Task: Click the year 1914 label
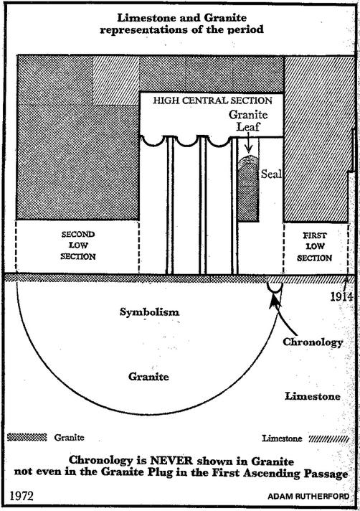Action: coord(342,296)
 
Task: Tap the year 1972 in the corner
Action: coord(22,496)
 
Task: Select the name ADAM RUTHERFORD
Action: coord(308,497)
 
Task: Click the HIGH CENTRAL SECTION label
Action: coord(212,100)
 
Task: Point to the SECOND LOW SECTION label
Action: coord(78,245)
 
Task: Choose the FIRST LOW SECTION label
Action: coord(314,247)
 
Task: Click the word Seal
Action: coord(271,174)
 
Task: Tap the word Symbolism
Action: coord(149,312)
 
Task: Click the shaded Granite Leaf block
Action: coord(248,189)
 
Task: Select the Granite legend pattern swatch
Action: coord(27,437)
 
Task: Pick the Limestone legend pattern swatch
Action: coord(328,439)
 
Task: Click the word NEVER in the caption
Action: coord(171,461)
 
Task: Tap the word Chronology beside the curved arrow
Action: coord(313,342)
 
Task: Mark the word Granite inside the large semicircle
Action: coord(148,377)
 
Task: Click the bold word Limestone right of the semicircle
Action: coord(313,396)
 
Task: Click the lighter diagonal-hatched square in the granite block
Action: coord(116,80)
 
